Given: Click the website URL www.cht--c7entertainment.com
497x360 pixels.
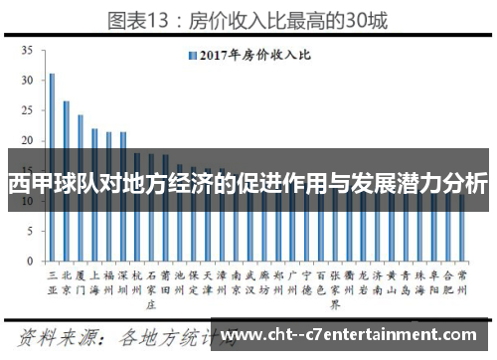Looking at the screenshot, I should coord(357,334).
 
